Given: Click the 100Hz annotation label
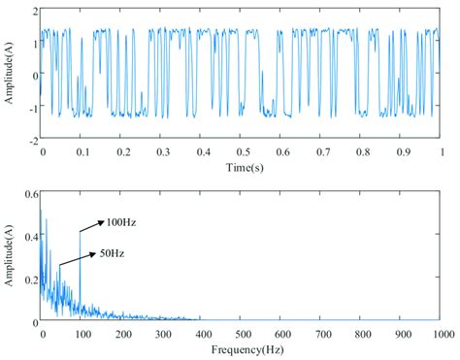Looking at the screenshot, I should click(121, 222).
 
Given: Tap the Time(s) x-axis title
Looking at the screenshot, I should click(242, 167).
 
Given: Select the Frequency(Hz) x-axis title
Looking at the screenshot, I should click(242, 347).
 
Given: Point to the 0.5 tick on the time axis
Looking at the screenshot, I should click(242, 153).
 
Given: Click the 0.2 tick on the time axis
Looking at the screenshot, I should click(121, 153).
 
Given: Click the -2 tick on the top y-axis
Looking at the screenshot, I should click(32, 141).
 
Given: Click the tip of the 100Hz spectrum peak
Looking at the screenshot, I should click(81, 230).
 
